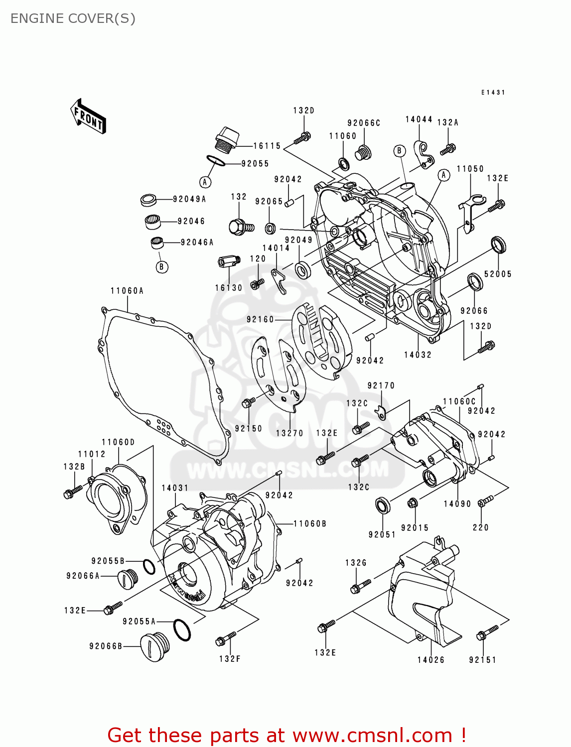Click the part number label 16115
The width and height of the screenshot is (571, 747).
click(x=267, y=146)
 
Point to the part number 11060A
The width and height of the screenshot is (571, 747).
click(x=127, y=291)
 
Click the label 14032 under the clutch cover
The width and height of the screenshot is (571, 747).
click(x=418, y=355)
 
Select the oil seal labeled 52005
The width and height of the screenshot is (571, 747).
click(x=498, y=245)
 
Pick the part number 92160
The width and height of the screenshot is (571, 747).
click(x=260, y=319)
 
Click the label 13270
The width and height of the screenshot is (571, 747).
click(x=289, y=433)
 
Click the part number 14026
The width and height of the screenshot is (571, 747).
click(x=430, y=660)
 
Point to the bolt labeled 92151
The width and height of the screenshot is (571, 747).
click(x=486, y=633)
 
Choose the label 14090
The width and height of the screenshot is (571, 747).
click(x=457, y=503)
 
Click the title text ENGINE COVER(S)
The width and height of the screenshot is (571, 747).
click(x=73, y=18)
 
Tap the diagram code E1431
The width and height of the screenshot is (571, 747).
click(x=493, y=93)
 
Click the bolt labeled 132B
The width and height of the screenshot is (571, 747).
click(x=72, y=493)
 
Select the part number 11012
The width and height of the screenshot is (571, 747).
click(x=92, y=454)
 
